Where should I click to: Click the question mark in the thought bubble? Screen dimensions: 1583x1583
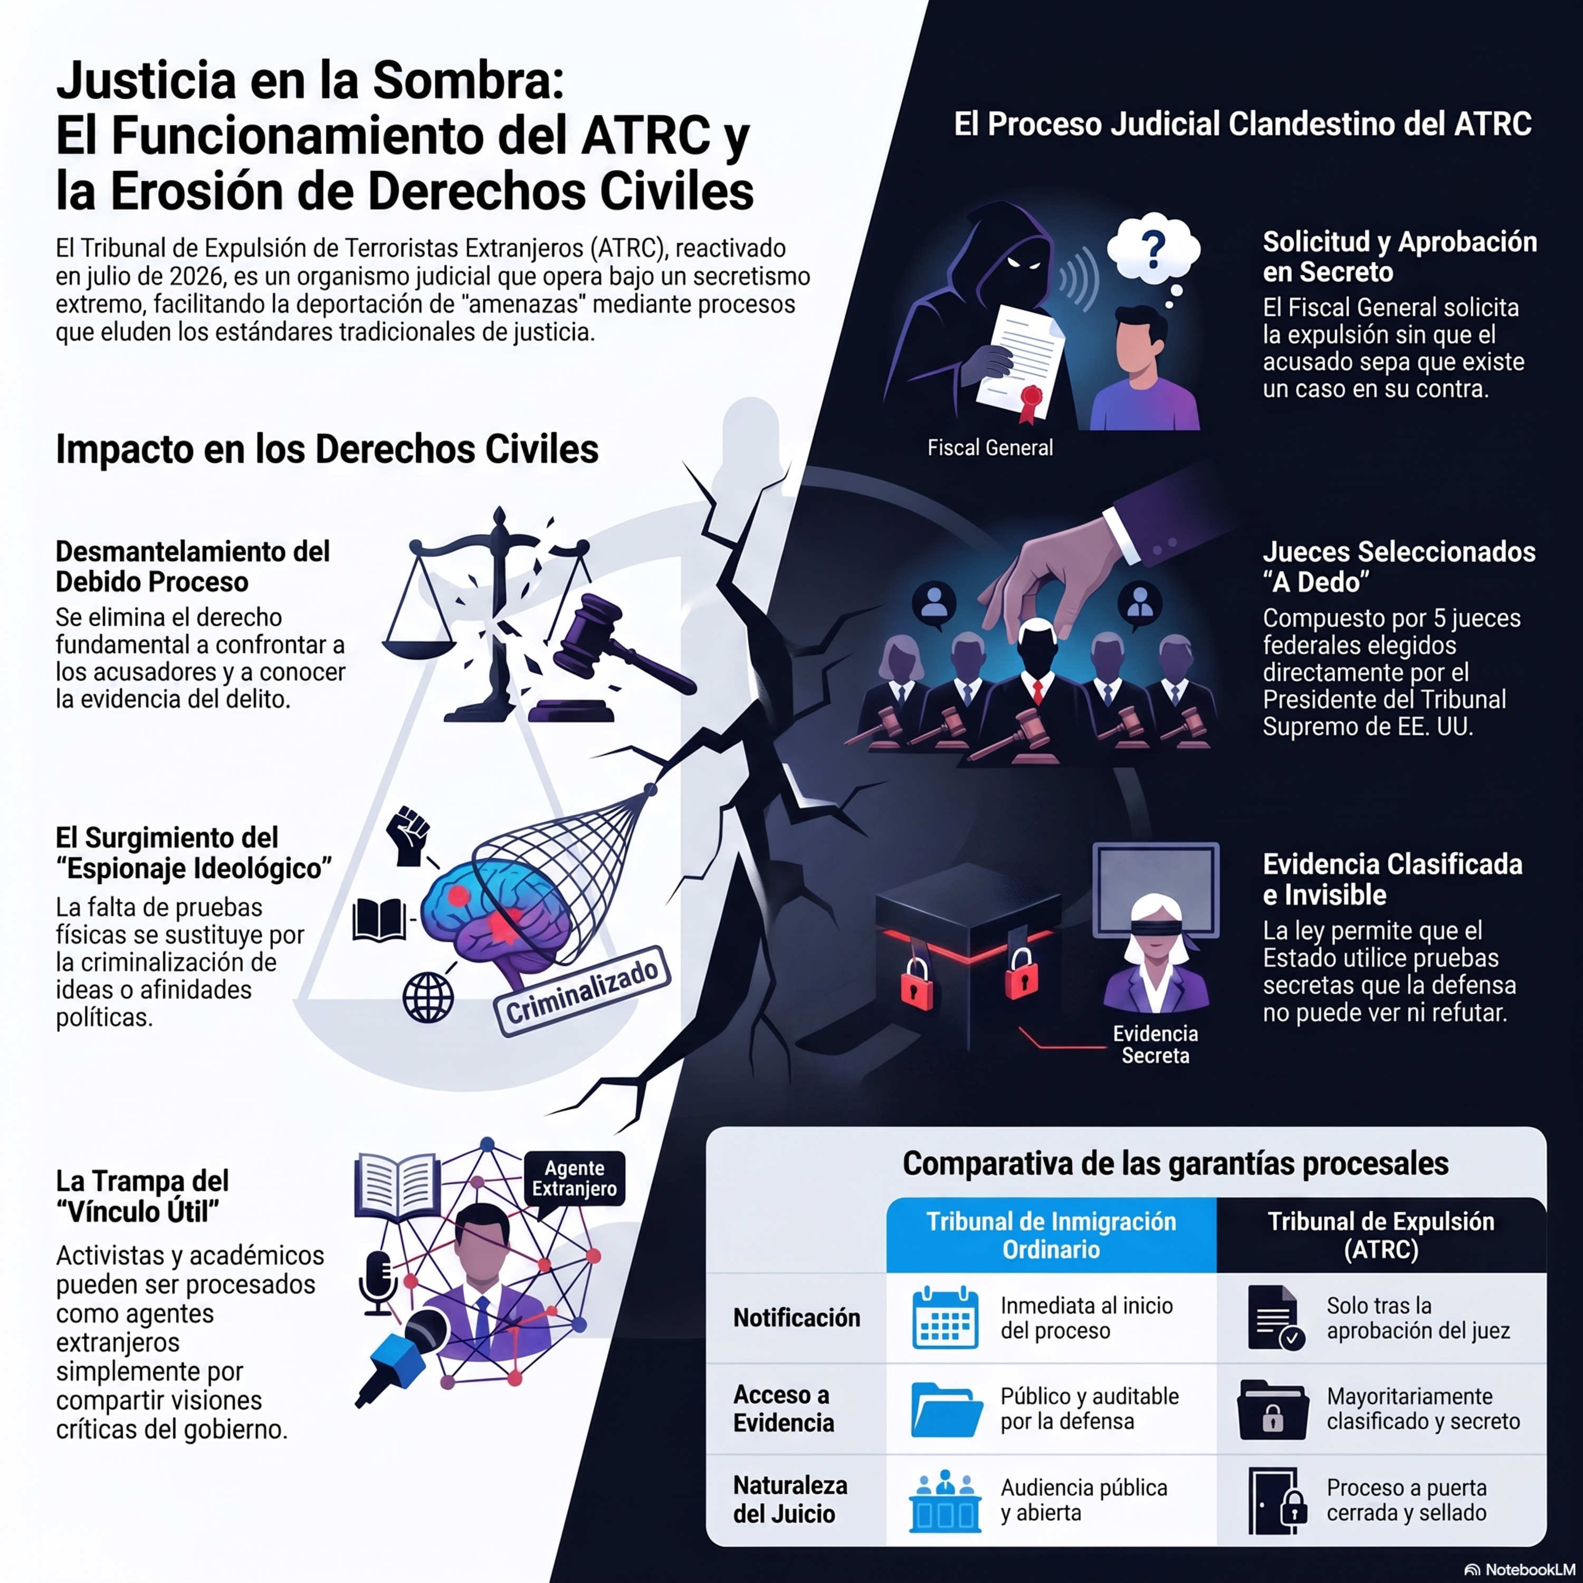(x=1153, y=246)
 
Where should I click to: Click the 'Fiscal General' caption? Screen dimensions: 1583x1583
(x=990, y=448)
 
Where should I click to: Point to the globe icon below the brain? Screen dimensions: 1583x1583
(x=428, y=997)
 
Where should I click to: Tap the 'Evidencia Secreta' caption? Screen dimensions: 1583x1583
(x=1155, y=1045)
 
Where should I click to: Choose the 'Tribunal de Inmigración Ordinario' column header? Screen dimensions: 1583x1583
(x=1051, y=1236)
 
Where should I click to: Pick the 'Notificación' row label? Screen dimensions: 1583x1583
(x=796, y=1318)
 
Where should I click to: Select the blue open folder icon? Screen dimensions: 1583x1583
(x=946, y=1409)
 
